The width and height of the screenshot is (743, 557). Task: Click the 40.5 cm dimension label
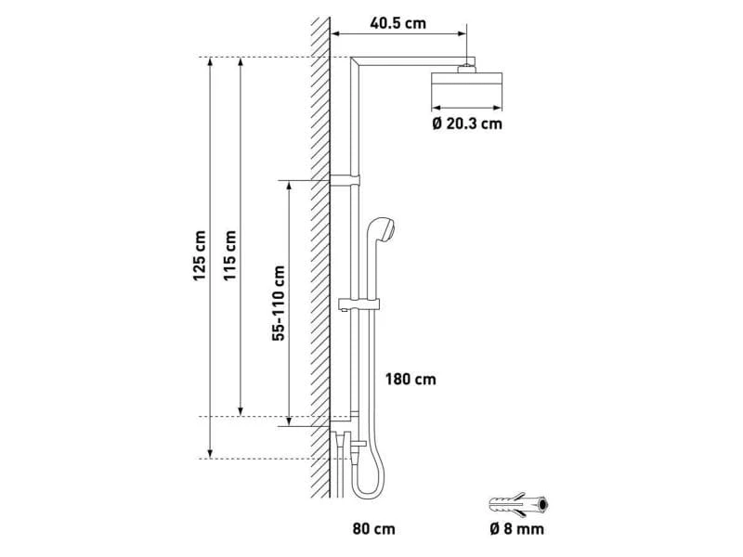(x=398, y=23)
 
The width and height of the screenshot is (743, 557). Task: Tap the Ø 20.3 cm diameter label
(x=467, y=124)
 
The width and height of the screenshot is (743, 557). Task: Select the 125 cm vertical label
(x=200, y=255)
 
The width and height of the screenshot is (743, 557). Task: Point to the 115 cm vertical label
(x=229, y=255)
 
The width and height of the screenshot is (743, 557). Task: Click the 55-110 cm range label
(x=279, y=304)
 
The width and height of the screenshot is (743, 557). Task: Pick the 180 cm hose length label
(x=411, y=380)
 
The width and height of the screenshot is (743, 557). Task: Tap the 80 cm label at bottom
(x=373, y=528)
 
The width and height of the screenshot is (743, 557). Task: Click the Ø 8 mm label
(x=517, y=528)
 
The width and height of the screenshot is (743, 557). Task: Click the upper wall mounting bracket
(x=345, y=180)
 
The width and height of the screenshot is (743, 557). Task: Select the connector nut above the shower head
(x=466, y=68)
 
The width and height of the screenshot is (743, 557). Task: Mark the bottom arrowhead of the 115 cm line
(x=241, y=411)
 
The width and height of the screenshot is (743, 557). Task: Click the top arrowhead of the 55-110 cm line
(x=288, y=185)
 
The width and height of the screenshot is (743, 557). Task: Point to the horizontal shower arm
(x=412, y=60)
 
